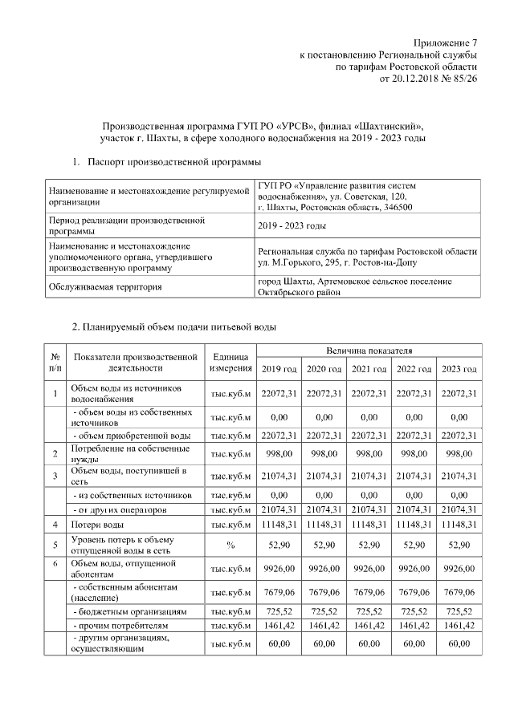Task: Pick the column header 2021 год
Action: (369, 369)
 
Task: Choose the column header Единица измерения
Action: (230, 362)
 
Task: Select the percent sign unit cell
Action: (230, 545)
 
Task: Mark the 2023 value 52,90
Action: (459, 545)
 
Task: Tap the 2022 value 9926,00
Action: (414, 569)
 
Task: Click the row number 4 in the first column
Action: (55, 525)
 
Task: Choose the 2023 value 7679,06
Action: (459, 593)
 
